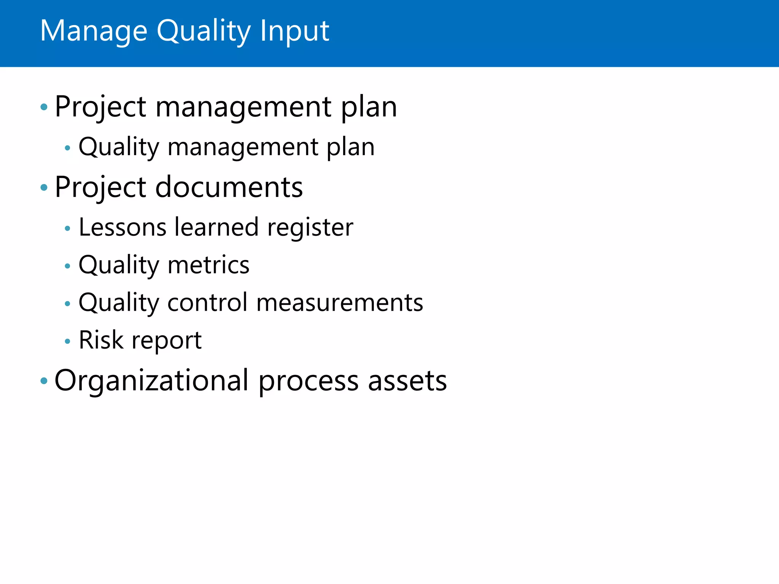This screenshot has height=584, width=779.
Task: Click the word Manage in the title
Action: (x=94, y=31)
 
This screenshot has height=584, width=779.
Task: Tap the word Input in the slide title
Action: (x=294, y=31)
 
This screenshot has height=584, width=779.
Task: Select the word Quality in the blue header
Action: (x=203, y=31)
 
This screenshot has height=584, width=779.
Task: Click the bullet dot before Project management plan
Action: (x=44, y=107)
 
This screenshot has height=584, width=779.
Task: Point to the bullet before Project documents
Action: (x=44, y=187)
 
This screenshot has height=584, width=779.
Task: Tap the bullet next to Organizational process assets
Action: (x=44, y=381)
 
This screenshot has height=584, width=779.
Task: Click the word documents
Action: (x=229, y=187)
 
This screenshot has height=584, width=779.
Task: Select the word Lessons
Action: (x=122, y=227)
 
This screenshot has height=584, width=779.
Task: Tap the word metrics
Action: (x=208, y=265)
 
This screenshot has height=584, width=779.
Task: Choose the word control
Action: (x=207, y=303)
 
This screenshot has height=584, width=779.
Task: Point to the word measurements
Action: (x=339, y=303)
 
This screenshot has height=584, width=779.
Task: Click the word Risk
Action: (x=101, y=340)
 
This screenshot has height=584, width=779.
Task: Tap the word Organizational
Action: (x=152, y=381)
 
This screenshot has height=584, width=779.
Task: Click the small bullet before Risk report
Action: (x=68, y=341)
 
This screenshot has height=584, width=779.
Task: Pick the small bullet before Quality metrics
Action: (x=68, y=266)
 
